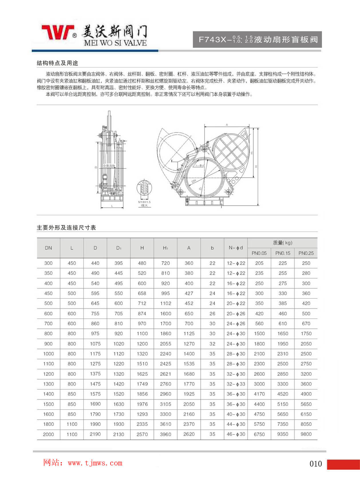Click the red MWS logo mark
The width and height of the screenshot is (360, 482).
click(58, 32)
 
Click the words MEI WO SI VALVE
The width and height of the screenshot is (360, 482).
click(115, 43)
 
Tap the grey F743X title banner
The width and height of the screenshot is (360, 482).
click(257, 39)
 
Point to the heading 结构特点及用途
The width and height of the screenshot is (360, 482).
click(57, 63)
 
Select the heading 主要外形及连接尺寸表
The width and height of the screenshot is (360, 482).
click(66, 228)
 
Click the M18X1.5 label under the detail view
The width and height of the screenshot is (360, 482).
click(144, 202)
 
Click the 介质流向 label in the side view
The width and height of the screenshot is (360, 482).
click(109, 166)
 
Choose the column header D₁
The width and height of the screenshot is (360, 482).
click(118, 248)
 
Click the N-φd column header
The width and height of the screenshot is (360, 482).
click(236, 248)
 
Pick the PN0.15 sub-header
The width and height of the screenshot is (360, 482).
click(282, 253)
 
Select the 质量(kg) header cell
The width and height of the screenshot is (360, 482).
click(282, 243)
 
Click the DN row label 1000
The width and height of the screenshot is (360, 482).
click(48, 354)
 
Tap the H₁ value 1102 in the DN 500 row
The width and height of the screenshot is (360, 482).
click(165, 303)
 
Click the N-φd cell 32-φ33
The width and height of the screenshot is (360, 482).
click(236, 384)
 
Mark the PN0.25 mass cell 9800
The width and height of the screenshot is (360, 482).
click(306, 434)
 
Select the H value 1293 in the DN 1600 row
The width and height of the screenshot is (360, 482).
click(142, 414)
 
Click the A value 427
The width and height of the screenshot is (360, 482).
click(189, 293)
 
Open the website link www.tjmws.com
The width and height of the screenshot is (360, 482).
click(95, 463)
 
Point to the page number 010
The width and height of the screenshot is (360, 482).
click(316, 464)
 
